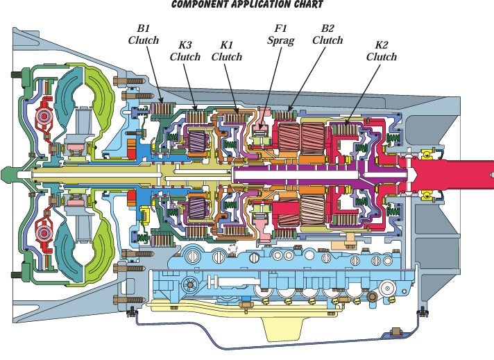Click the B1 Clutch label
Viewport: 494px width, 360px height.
(x=144, y=35)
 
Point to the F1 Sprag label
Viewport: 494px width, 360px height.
(x=280, y=35)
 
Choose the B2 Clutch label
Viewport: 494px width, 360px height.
(x=327, y=35)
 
